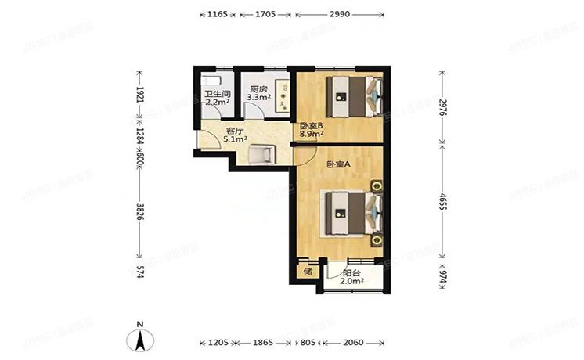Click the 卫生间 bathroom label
point(217,92)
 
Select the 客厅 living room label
point(235,131)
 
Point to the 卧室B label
point(311,125)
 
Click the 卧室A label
point(338,164)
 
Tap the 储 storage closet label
point(308,272)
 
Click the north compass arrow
point(139,338)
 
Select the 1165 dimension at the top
point(218,15)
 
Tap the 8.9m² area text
point(311,134)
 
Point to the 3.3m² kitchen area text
point(259,99)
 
